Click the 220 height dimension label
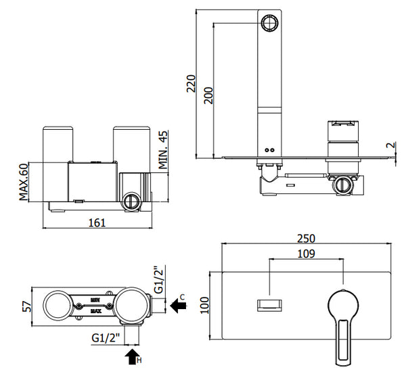[x=191, y=84]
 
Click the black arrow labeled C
[x=178, y=306]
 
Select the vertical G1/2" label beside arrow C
[x=160, y=278]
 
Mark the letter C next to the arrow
[x=183, y=296]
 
